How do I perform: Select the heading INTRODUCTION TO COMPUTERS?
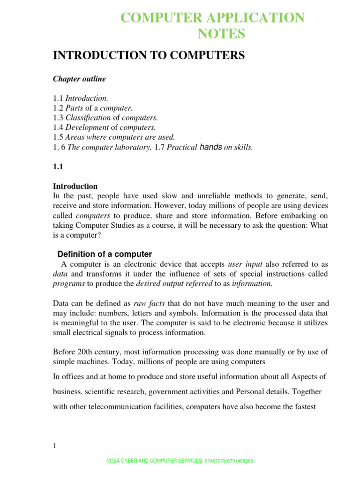point(149,55)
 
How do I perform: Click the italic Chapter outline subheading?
point(79,79)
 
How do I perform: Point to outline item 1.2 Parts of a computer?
point(89,108)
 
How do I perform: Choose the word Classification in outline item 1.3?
point(88,118)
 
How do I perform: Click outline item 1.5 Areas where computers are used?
point(113,137)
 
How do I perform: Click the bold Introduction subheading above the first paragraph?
point(75,186)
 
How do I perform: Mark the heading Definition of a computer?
point(105,254)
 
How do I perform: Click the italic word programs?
point(68,284)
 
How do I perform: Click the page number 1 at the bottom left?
point(54,446)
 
